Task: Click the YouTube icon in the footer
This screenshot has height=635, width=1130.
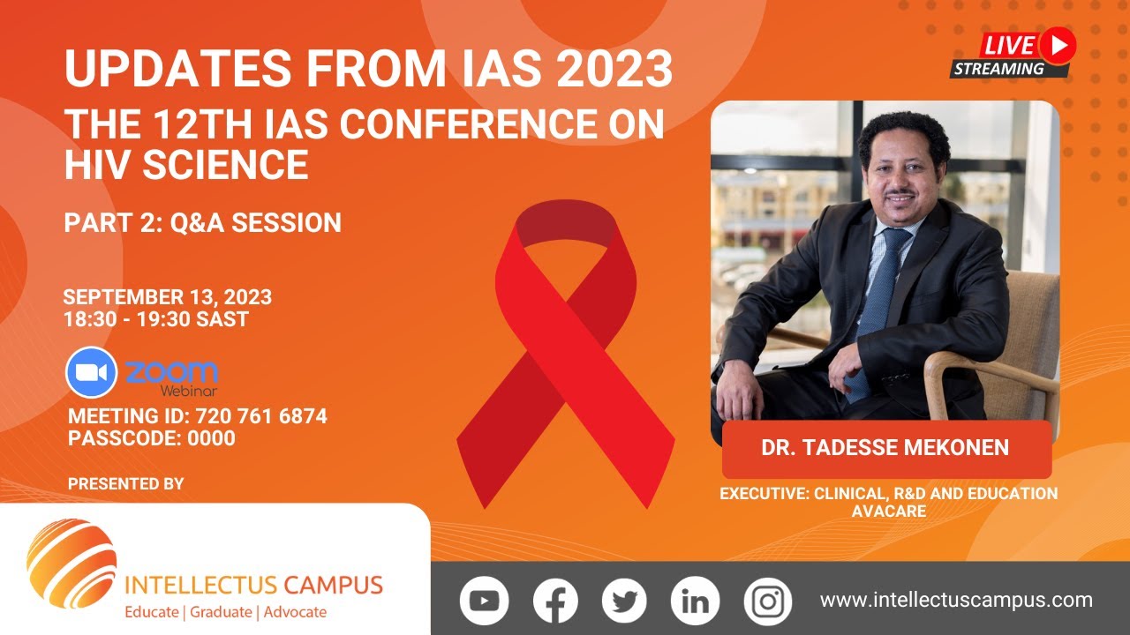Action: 484,601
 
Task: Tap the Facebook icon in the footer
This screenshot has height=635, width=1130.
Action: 555,601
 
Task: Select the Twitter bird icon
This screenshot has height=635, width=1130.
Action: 624,601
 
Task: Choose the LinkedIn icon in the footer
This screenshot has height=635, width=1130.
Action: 695,601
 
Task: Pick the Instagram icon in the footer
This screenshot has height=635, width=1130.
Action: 767,601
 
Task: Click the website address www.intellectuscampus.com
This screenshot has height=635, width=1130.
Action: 956,601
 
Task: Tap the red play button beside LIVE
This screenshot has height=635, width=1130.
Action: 1057,43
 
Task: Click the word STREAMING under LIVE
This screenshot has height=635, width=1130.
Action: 999,69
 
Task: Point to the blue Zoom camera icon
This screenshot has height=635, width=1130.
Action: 91,373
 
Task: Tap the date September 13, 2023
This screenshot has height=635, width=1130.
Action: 168,297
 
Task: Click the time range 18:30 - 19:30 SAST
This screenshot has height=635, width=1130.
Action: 156,319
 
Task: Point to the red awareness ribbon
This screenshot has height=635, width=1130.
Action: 565,353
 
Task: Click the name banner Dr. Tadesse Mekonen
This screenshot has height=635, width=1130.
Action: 885,448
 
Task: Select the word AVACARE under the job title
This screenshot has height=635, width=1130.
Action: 888,511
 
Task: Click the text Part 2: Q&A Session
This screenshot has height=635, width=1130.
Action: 202,223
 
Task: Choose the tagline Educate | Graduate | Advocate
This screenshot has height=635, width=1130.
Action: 226,612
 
